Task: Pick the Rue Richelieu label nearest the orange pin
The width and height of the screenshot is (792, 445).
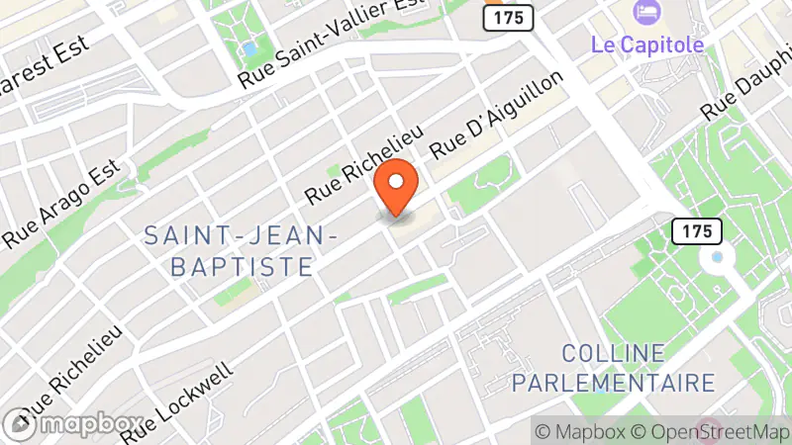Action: pos(363,164)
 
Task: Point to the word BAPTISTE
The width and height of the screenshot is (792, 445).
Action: pos(242,267)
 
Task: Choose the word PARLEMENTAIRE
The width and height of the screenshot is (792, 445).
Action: pos(638,383)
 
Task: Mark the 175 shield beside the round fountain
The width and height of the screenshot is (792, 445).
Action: pos(696,231)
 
